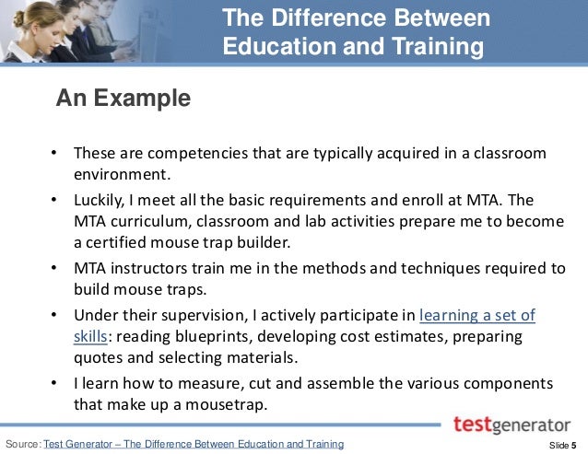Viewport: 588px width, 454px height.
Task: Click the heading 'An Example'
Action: tap(123, 99)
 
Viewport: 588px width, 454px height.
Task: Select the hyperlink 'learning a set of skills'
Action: tap(476, 315)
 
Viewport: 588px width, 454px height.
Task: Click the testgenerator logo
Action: tap(512, 425)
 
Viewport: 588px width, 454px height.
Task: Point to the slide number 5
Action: tap(573, 445)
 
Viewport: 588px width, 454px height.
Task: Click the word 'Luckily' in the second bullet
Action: tap(100, 200)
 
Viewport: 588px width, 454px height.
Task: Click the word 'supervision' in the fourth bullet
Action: tap(203, 315)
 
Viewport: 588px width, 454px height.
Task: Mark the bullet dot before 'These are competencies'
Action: tap(54, 153)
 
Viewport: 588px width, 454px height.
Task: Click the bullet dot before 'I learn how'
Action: tap(54, 382)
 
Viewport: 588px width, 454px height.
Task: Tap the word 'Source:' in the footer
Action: tap(23, 445)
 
